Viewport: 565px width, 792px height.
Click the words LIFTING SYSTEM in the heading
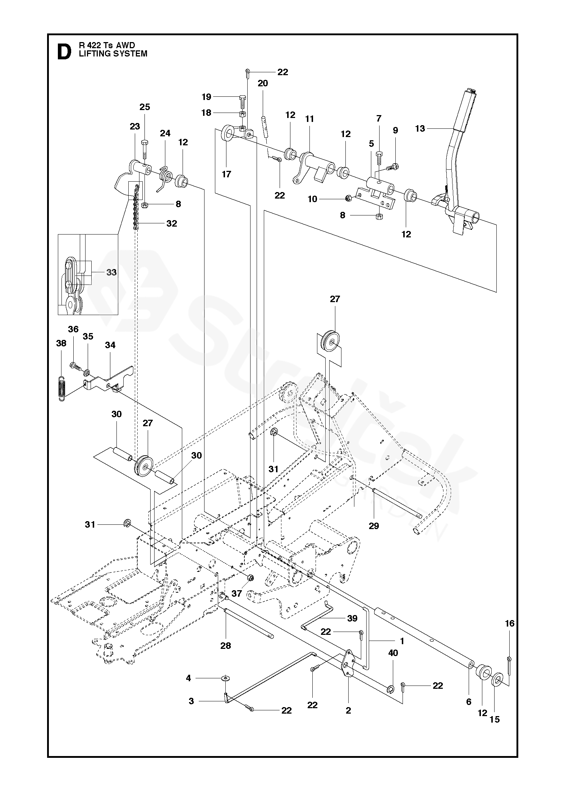click(113, 54)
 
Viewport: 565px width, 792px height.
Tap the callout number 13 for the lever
click(419, 128)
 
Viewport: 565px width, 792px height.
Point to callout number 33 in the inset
click(111, 272)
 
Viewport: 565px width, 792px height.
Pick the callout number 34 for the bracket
click(110, 345)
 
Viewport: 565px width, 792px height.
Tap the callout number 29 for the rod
click(374, 526)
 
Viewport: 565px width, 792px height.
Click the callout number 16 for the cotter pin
click(510, 623)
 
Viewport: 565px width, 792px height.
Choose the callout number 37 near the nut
click(236, 593)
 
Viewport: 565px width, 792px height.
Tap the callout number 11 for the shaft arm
click(309, 119)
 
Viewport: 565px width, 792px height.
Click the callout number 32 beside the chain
click(172, 223)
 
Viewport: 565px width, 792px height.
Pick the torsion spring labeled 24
click(165, 177)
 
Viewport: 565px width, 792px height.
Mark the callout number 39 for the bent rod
click(352, 618)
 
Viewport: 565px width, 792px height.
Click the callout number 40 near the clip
click(393, 653)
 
